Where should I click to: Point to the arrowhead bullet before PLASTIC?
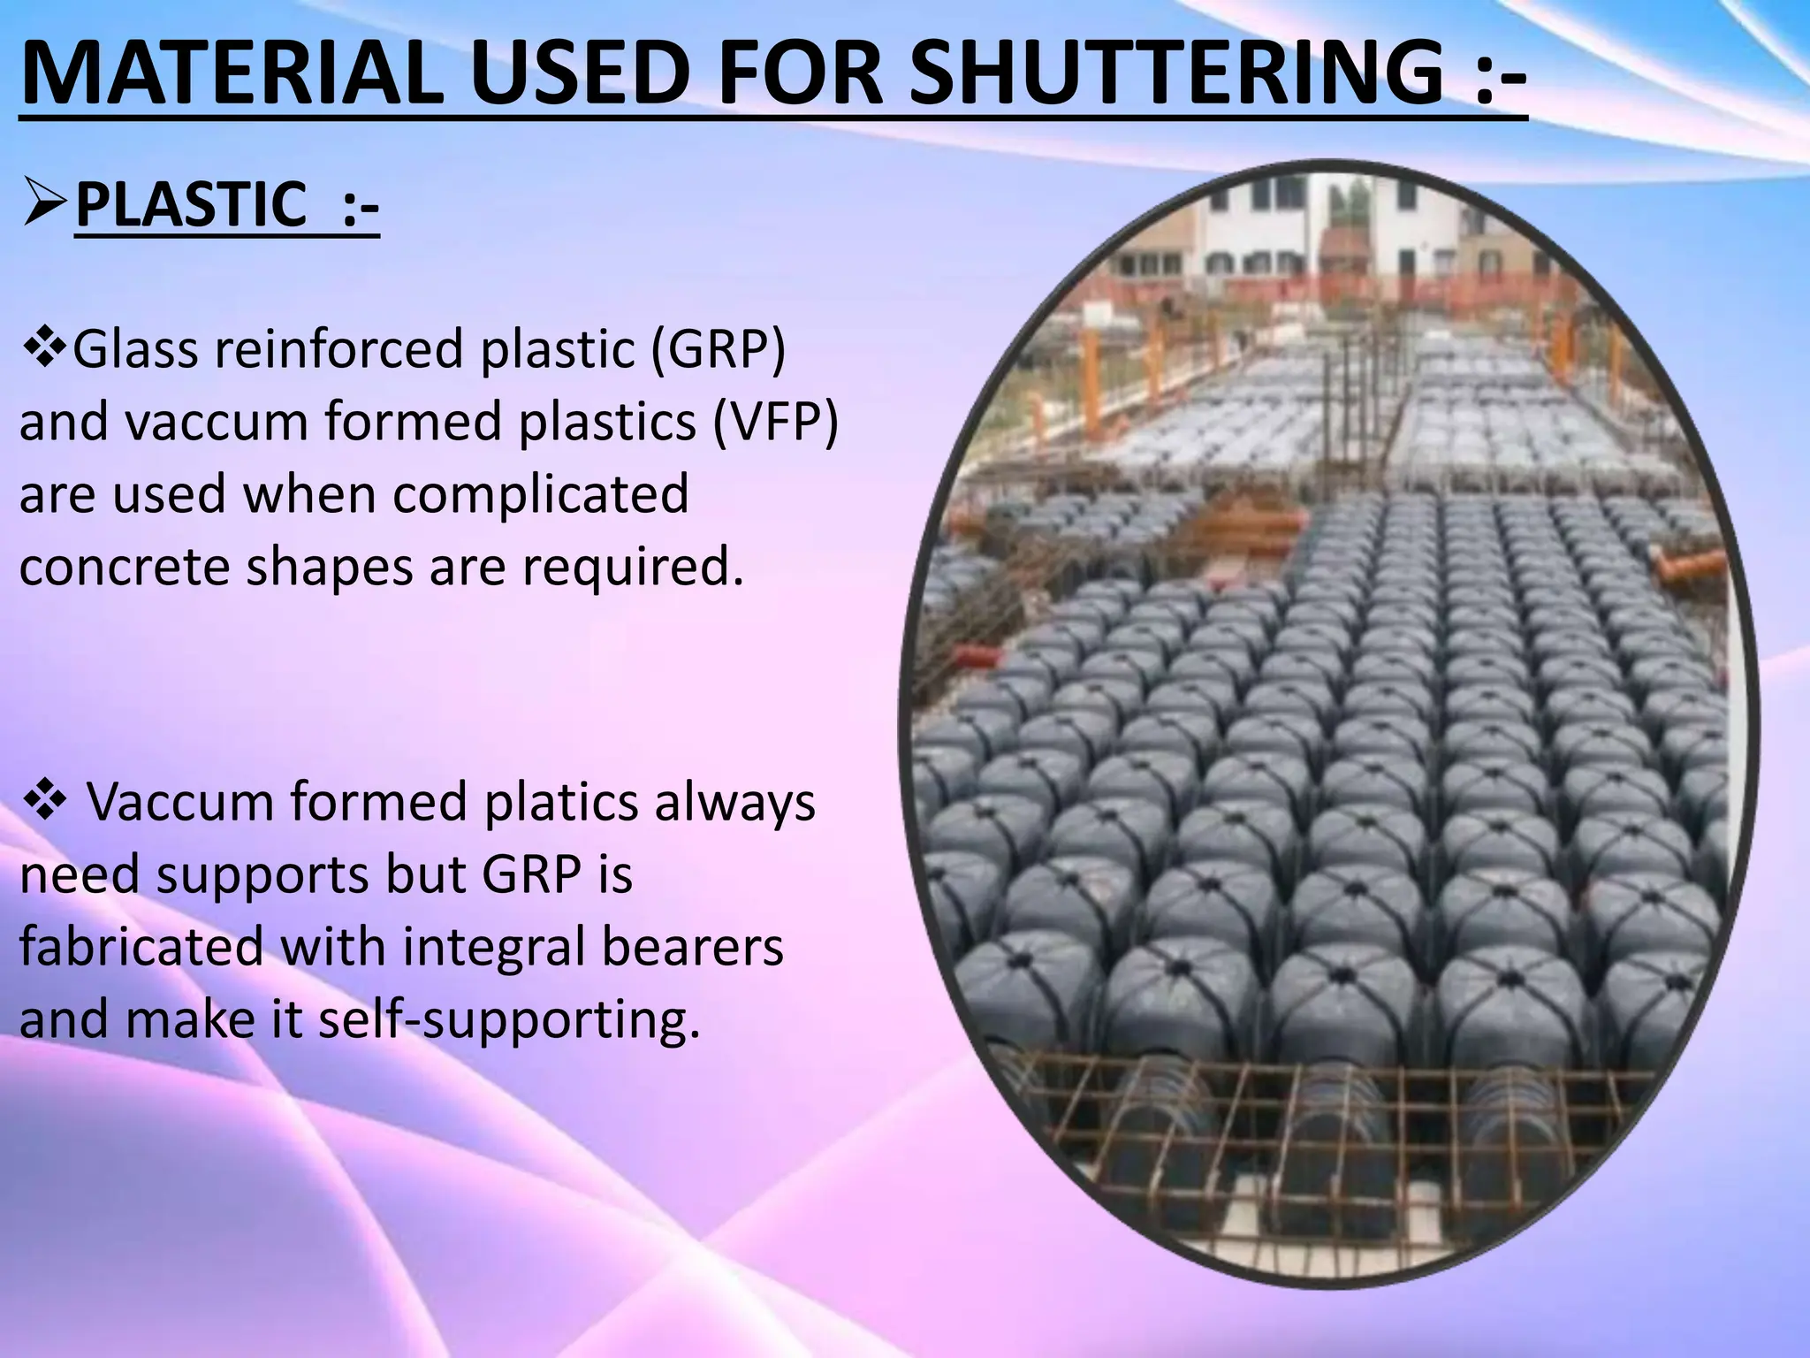tap(44, 205)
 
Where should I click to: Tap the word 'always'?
tap(735, 803)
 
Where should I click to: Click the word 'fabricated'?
tap(141, 947)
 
